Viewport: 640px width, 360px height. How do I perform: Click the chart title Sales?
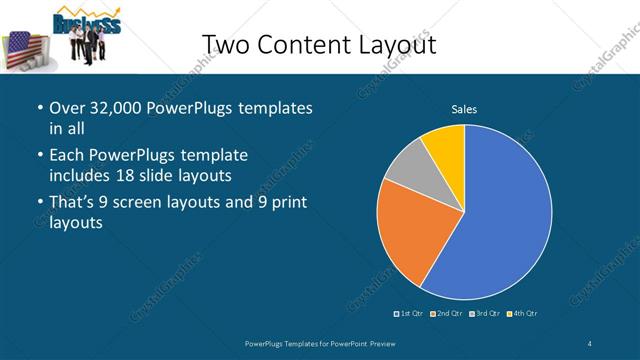coord(464,109)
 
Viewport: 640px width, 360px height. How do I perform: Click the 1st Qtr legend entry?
coord(409,314)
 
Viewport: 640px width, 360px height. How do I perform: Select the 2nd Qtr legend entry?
coord(446,314)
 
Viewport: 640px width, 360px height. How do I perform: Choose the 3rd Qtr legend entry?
coord(485,314)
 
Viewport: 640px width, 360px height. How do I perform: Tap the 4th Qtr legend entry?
coord(523,314)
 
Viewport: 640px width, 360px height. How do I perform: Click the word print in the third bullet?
coord(290,203)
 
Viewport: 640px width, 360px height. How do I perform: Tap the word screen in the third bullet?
coord(150,203)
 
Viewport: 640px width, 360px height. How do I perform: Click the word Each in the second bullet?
coord(68,155)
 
